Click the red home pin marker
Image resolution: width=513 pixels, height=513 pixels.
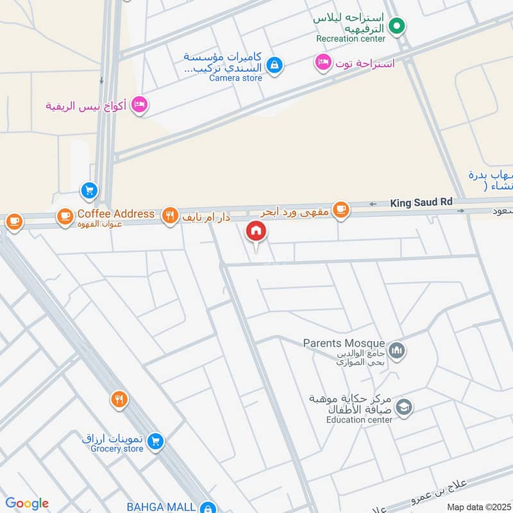coord(256,231)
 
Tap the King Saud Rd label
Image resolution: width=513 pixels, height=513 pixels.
coord(421,203)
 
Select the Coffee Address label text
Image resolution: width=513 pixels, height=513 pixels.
coord(116,214)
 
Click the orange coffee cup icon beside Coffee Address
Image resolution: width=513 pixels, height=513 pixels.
coord(65,216)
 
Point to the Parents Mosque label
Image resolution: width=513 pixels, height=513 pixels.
coord(344,344)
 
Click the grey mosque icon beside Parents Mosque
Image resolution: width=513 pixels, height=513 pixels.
coord(398,350)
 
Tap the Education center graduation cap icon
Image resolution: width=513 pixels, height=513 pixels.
coord(404,407)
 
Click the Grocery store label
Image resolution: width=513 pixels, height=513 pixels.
coord(113,449)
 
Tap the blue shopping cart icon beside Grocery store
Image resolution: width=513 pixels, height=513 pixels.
coord(155,441)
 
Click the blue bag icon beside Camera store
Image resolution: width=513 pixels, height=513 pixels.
coord(274,65)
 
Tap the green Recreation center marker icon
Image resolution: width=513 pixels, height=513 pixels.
coord(397,26)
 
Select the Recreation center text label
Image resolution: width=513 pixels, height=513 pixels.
coord(351,38)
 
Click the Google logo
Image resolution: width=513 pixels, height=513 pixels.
coord(27,503)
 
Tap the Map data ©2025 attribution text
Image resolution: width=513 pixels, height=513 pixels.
coord(478,507)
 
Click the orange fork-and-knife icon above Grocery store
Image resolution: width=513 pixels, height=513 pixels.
coord(119,401)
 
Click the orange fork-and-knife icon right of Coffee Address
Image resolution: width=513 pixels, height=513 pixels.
coord(169,215)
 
